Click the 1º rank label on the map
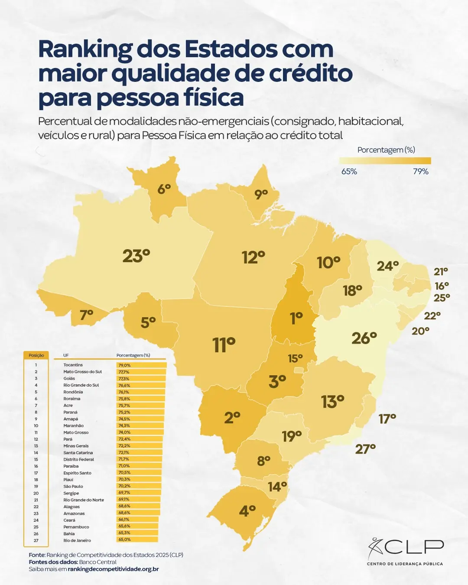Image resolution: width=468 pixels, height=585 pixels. pyautogui.click(x=296, y=318)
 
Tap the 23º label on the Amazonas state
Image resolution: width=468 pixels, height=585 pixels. pyautogui.click(x=136, y=256)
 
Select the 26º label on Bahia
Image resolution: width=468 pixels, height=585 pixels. pyautogui.click(x=364, y=338)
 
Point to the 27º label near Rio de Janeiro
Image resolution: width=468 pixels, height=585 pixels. pyautogui.click(x=365, y=449)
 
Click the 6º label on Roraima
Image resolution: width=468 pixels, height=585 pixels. pyautogui.click(x=164, y=189)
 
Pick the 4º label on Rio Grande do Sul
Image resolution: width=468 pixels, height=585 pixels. pyautogui.click(x=247, y=511)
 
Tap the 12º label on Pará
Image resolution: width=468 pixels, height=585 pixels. pyautogui.click(x=253, y=257)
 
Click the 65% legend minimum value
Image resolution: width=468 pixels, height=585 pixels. pyautogui.click(x=349, y=172)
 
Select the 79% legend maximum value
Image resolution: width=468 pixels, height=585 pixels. pyautogui.click(x=420, y=172)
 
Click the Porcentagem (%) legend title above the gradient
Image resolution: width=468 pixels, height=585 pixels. pyautogui.click(x=386, y=150)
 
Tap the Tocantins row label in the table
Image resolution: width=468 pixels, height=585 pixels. pyautogui.click(x=73, y=365)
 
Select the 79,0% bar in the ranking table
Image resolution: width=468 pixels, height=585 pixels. pyautogui.click(x=141, y=365)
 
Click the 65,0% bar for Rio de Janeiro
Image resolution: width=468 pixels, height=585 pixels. pyautogui.click(x=137, y=540)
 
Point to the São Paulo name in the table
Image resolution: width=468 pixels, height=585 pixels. pyautogui.click(x=73, y=486)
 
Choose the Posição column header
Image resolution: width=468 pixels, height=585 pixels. pyautogui.click(x=36, y=355)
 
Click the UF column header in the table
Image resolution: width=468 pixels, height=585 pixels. pyautogui.click(x=66, y=355)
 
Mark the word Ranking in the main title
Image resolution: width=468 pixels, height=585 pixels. pyautogui.click(x=85, y=49)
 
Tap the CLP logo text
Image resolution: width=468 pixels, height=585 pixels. pyautogui.click(x=414, y=547)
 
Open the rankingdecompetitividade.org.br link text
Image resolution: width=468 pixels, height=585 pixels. pyautogui.click(x=113, y=569)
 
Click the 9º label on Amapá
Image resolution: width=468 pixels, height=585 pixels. pyautogui.click(x=261, y=195)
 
